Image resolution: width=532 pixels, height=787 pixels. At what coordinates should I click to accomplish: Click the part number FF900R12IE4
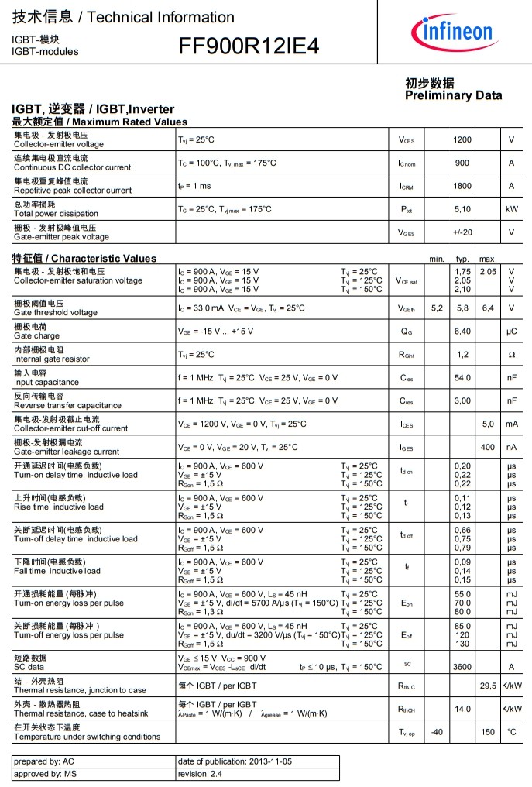click(x=249, y=46)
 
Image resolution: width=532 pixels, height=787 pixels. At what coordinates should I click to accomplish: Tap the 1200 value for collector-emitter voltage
click(x=462, y=140)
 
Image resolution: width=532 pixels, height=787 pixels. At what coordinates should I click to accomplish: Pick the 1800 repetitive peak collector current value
click(x=462, y=186)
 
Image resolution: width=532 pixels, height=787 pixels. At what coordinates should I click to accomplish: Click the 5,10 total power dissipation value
click(x=462, y=209)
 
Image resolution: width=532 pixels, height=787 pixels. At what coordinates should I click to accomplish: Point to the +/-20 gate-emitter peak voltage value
click(x=462, y=232)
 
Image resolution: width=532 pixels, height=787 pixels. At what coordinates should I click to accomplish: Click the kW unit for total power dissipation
click(x=512, y=209)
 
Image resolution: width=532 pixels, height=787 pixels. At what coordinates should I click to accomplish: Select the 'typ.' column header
click(x=463, y=259)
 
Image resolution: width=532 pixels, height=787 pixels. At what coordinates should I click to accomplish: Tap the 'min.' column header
click(x=437, y=259)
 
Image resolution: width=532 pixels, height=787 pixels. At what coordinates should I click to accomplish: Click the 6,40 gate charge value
click(x=462, y=332)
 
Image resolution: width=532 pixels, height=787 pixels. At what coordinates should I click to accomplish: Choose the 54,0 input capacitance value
click(x=462, y=378)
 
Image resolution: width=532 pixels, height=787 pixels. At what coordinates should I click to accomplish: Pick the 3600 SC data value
click(x=462, y=667)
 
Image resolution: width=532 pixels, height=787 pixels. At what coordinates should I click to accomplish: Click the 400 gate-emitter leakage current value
click(x=488, y=448)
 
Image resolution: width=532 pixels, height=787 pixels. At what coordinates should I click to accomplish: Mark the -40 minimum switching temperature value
click(x=437, y=732)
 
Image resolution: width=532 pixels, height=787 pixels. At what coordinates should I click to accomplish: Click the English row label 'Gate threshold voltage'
click(x=56, y=313)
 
